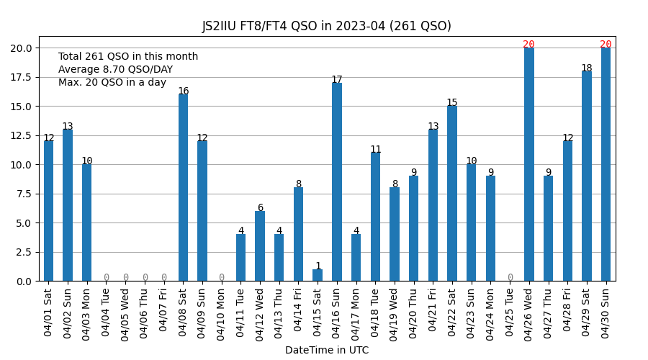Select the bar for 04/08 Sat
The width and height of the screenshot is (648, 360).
(183, 188)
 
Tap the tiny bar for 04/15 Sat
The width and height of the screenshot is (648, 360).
(318, 275)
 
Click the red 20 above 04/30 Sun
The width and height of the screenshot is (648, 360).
(606, 45)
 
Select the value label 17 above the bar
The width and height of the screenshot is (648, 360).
(337, 80)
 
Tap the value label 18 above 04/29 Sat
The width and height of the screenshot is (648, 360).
(587, 68)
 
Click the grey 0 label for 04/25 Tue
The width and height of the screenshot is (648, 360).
(510, 278)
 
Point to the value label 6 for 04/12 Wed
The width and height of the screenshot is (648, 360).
(260, 208)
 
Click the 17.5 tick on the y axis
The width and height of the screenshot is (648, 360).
(20, 77)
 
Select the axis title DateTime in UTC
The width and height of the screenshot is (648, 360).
(326, 351)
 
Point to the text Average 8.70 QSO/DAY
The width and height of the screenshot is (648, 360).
(115, 70)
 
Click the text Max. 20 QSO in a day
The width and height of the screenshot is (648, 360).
(112, 83)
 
